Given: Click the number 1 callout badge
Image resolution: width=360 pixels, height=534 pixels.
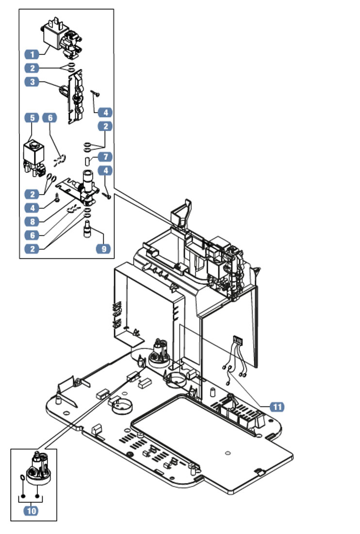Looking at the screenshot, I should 32,54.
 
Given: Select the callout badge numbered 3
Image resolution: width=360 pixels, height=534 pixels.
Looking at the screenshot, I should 32,82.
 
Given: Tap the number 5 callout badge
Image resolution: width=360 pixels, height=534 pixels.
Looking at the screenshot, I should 32,118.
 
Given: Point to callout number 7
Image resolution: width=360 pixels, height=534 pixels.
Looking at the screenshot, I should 105,157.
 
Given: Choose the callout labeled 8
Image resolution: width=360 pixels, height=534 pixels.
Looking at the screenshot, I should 32,222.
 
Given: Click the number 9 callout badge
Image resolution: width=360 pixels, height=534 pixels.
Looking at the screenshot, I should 103,249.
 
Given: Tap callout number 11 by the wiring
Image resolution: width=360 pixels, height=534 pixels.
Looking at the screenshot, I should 277,407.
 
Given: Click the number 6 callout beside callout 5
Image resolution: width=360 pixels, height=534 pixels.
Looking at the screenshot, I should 49,118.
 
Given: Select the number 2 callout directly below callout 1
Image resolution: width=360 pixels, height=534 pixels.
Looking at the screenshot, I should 32,68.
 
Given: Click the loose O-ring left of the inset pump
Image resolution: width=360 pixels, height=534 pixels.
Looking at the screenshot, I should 22,478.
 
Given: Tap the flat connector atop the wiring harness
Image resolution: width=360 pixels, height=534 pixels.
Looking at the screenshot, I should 237,339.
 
